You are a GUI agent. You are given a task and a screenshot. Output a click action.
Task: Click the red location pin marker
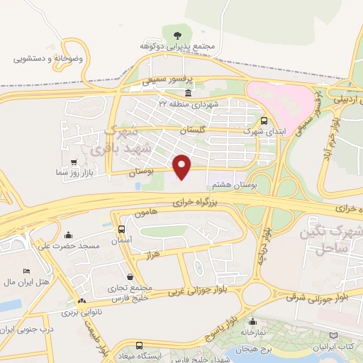coord(183,167)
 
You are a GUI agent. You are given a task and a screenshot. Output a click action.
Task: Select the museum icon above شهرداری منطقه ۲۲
coord(187,94)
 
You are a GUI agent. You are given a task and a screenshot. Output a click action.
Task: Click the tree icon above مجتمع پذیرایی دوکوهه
coord(177,33)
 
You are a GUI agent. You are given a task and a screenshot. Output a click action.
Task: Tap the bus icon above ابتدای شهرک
coord(264,121)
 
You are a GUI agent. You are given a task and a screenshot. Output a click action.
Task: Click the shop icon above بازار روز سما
coord(69,161)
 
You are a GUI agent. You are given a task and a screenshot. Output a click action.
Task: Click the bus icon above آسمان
coord(122,230)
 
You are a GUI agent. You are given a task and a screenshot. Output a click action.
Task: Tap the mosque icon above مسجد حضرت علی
coord(68,235)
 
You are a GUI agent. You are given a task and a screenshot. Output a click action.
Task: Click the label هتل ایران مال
coord(25,282)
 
